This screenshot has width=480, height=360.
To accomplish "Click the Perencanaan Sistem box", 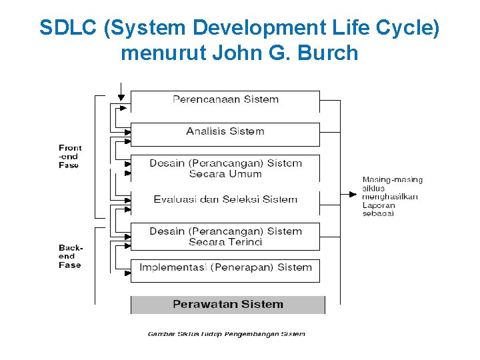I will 225,101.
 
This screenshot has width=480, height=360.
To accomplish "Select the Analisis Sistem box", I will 225,133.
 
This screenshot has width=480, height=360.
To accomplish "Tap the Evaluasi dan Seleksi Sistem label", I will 225,199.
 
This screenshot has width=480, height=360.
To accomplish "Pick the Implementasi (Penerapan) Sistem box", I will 225,269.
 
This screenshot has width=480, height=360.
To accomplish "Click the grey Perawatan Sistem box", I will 227,305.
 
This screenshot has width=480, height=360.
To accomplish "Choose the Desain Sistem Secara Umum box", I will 225,168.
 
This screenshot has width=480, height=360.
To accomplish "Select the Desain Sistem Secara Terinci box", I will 225,237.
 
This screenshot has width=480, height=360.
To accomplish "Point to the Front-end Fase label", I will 69,157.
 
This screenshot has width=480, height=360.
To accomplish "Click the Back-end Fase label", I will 69,256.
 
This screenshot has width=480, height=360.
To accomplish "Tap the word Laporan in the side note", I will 379,205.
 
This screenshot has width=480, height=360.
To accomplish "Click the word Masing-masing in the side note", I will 392,180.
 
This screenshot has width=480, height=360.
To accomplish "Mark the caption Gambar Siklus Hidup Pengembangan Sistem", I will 226,334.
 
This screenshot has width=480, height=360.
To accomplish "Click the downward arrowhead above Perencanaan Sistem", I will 121,97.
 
